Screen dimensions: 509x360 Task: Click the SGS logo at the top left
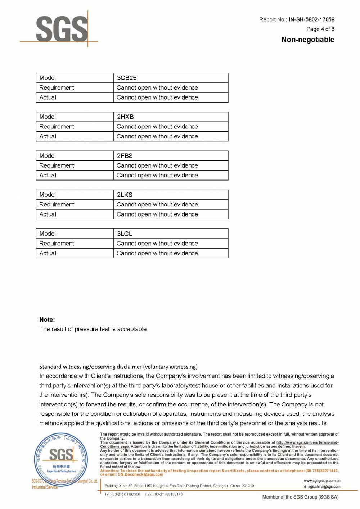coord(62,29)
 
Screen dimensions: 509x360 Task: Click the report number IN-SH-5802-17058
coord(311,19)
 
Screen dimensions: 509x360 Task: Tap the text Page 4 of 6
coord(320,29)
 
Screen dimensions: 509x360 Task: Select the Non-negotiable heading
coord(308,40)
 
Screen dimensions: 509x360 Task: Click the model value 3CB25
coord(127,78)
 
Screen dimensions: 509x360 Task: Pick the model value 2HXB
coord(125,117)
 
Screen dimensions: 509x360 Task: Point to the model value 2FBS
coord(125,156)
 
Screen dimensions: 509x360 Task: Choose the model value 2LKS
coord(125,195)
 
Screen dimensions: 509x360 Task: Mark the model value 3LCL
coord(125,234)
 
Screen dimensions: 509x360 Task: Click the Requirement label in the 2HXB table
coord(57,127)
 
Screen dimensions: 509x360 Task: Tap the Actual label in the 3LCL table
coord(48,253)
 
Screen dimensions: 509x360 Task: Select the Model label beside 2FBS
coord(48,156)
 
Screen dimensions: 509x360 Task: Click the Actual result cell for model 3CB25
coord(157,97)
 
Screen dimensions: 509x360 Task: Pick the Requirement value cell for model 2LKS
coord(157,204)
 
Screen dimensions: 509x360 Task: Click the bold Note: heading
coord(47,319)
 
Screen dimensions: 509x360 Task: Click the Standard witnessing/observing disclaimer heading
coord(118,367)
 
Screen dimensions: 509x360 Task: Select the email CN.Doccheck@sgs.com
coord(140,474)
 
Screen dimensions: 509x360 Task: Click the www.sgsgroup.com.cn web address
coord(322,481)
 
